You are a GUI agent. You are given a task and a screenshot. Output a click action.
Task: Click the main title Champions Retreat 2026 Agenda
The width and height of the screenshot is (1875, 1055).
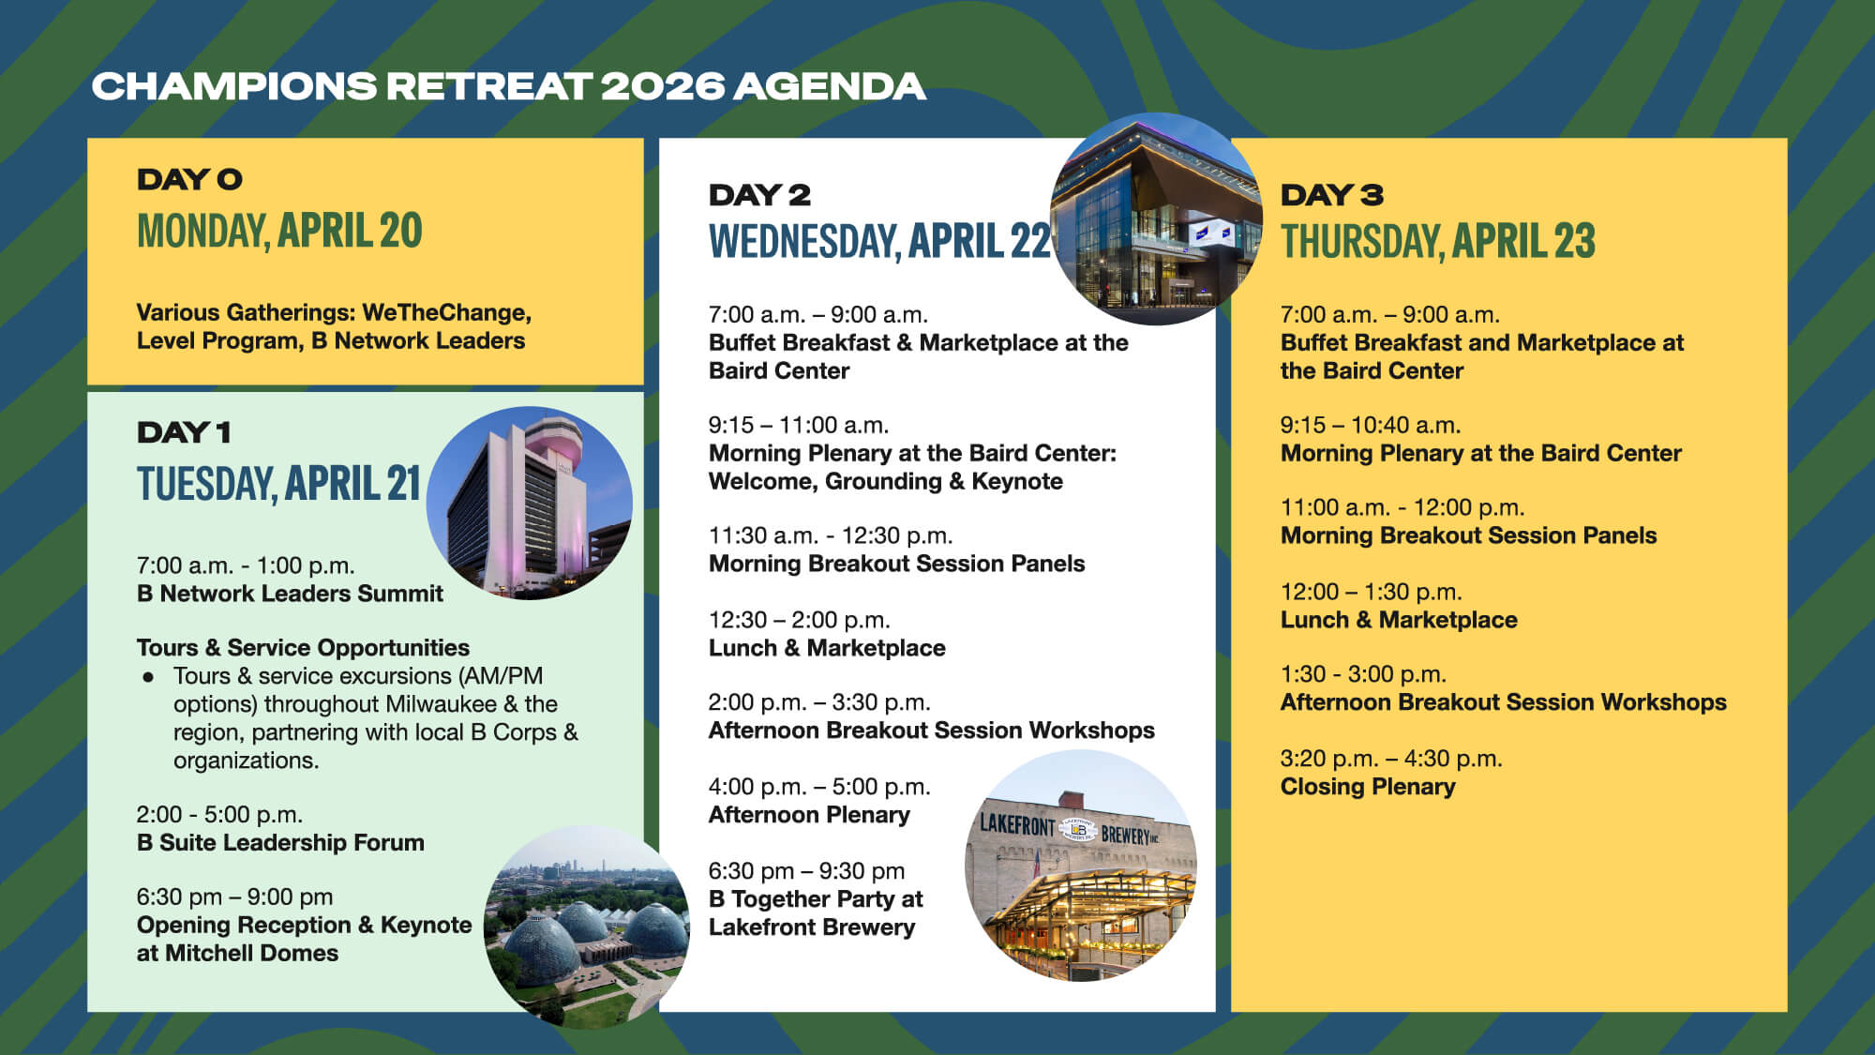click(x=508, y=86)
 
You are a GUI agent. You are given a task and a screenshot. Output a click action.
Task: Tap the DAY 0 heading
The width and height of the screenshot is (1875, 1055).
click(x=189, y=179)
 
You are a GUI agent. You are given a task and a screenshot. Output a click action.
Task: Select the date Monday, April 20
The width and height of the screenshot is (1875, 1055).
click(x=279, y=231)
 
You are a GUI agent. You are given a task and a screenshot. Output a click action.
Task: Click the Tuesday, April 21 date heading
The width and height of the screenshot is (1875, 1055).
click(x=278, y=484)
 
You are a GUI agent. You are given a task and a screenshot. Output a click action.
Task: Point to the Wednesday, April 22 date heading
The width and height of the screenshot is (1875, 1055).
click(x=878, y=242)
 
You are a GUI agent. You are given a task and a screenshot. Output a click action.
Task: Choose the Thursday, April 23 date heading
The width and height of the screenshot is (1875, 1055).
click(x=1437, y=242)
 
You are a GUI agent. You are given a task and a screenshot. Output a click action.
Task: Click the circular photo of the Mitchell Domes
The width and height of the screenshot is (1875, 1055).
click(x=586, y=927)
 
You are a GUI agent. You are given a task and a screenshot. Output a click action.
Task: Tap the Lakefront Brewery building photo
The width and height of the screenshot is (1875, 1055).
click(x=1081, y=866)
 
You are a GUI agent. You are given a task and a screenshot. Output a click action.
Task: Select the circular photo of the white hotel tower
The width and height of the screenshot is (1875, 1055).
click(x=530, y=504)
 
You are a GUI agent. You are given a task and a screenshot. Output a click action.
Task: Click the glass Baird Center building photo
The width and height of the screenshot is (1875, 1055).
click(x=1155, y=219)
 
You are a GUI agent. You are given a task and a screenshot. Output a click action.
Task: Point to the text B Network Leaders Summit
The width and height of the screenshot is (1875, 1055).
click(x=290, y=594)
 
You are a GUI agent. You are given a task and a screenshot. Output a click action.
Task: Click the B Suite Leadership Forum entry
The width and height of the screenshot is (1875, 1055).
click(x=280, y=843)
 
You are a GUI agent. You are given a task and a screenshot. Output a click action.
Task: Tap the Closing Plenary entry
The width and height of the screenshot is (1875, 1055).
click(x=1368, y=787)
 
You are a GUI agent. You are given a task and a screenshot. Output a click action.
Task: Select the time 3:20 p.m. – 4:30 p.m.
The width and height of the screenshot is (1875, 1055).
click(x=1391, y=759)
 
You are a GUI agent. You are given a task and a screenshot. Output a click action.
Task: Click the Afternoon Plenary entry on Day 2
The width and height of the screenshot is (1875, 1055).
click(x=809, y=815)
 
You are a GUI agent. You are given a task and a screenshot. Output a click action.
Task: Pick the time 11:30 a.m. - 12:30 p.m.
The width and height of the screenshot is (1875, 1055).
click(x=830, y=535)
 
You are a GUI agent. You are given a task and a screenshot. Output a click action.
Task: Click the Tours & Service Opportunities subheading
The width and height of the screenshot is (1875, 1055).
click(x=303, y=648)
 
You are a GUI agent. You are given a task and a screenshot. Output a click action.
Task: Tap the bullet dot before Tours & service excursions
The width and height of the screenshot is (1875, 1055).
click(x=148, y=676)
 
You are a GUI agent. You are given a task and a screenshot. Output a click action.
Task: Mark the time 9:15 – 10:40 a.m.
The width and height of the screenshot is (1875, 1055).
click(x=1371, y=425)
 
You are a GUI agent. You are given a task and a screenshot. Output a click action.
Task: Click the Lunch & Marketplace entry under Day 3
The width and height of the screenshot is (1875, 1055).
click(x=1399, y=620)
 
